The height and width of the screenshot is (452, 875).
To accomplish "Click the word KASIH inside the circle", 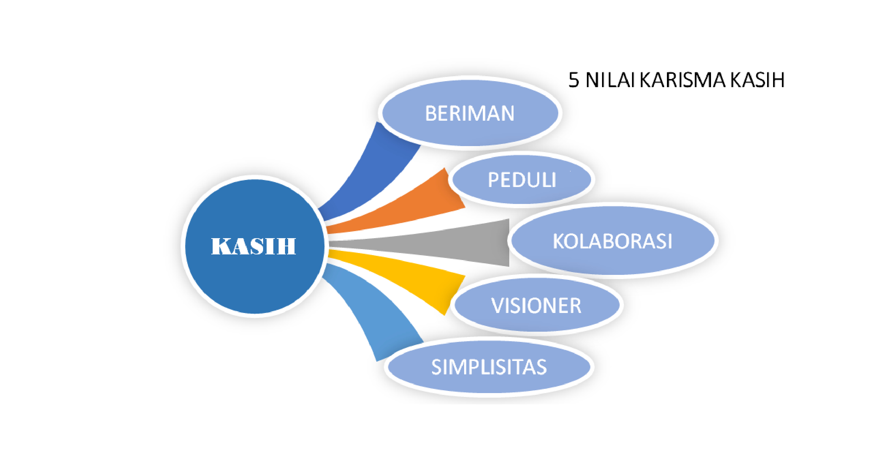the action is click(x=254, y=246).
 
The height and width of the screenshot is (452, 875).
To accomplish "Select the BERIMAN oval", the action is click(x=470, y=113).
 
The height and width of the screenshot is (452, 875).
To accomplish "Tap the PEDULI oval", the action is click(x=522, y=180).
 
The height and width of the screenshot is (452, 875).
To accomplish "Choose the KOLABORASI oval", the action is click(x=613, y=240).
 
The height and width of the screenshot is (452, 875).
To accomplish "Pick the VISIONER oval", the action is click(x=537, y=305).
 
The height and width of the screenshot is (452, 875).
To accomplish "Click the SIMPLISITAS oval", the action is click(x=489, y=367).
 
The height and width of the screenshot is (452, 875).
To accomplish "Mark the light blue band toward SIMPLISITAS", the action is click(x=374, y=314).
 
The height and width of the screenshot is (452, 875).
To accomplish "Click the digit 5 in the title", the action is click(x=574, y=80).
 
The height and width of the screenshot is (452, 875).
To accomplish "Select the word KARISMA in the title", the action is click(x=683, y=80).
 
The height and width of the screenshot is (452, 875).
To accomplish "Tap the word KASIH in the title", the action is click(x=757, y=80).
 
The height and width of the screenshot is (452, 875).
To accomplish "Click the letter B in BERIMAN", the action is click(x=431, y=113).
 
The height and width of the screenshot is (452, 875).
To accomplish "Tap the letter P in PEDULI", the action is click(x=494, y=180).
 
